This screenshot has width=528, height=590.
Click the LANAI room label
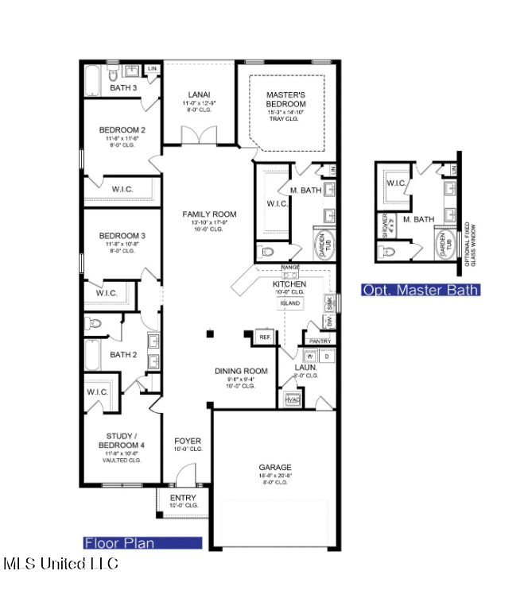pos(199,93)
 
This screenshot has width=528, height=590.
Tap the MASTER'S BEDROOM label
pos(285,99)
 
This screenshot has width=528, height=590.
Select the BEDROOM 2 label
pos(122,129)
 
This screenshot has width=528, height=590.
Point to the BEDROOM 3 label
pos(122,236)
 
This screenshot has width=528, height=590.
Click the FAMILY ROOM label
pos(209,214)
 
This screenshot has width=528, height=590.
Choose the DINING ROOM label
pos(240,371)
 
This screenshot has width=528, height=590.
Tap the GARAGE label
pos(275,467)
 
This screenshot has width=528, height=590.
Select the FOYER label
pos(188,441)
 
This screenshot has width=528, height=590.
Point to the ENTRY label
pos(182,498)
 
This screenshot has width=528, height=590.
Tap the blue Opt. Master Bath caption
pos(420,290)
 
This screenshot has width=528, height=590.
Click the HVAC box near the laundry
pos(292,399)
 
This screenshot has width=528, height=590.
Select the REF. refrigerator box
pos(264,337)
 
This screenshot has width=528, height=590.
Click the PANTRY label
pos(320,341)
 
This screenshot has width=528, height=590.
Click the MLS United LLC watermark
pos(60,564)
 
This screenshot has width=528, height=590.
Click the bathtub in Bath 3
pos(91,79)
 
